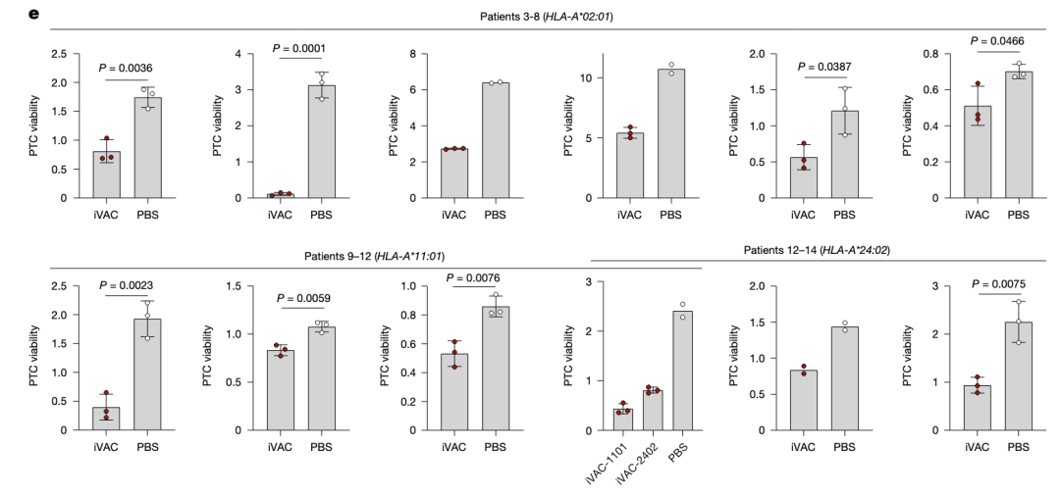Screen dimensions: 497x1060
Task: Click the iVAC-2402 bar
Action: [x=652, y=411]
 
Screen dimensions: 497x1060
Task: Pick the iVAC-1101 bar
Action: [x=622, y=420]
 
